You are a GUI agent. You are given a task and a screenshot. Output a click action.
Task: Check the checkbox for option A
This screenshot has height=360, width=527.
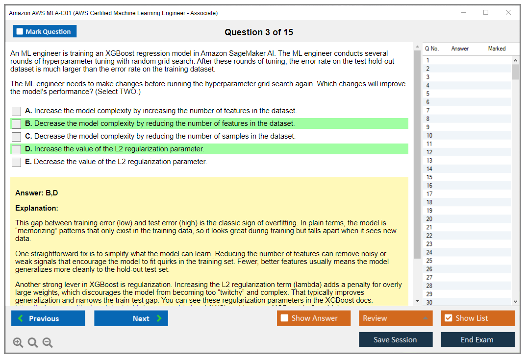(17, 111)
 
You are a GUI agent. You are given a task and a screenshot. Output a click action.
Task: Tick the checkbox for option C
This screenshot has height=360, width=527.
(17, 137)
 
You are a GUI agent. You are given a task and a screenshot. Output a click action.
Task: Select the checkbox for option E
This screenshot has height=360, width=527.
(17, 162)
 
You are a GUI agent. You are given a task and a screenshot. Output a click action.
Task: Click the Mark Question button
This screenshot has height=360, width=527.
(45, 31)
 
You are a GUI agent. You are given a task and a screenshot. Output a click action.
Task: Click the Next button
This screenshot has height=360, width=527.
(131, 318)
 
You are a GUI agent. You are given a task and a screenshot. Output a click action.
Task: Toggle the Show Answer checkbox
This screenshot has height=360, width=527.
(284, 318)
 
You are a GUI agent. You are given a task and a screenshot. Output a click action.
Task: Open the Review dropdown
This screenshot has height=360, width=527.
(396, 318)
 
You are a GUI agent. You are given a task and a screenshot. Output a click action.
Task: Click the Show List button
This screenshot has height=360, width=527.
(477, 318)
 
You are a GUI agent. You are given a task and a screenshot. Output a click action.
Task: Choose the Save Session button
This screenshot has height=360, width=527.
(395, 339)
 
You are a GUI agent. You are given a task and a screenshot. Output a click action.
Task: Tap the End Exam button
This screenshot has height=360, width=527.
(477, 339)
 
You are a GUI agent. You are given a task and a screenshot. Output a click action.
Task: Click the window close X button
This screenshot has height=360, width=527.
(508, 13)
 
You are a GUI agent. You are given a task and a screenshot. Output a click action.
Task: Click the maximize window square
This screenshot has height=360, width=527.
(486, 13)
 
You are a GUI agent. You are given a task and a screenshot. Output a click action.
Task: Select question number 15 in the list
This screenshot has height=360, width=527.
(429, 177)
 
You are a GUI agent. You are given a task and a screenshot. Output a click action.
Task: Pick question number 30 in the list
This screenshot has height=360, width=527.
(429, 302)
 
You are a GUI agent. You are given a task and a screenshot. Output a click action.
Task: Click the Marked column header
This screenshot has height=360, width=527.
(497, 48)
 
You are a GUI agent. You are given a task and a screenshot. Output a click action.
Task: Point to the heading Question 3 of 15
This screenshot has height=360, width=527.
(259, 32)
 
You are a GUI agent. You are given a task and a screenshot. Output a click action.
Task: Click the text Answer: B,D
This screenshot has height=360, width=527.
(37, 193)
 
